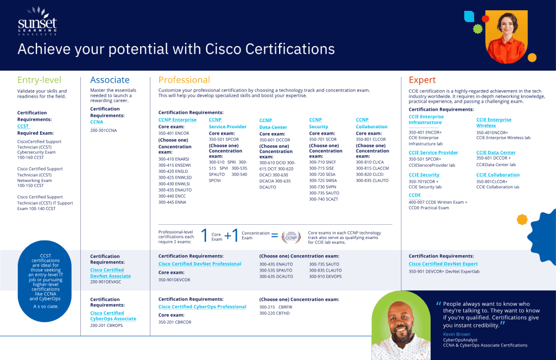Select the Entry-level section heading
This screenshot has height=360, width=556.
[x=39, y=80]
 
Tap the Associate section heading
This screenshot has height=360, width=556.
[x=110, y=80]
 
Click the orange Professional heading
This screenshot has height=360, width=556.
[x=184, y=80]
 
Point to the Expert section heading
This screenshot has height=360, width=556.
[x=422, y=80]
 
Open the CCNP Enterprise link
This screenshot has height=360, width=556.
[x=177, y=119]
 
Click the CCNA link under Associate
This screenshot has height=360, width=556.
[x=97, y=122]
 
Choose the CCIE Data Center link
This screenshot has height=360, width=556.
[x=496, y=153]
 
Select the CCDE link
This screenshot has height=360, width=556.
[x=415, y=195]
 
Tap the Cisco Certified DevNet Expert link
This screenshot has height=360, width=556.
[x=443, y=264]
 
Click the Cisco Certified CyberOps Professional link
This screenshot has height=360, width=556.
[x=202, y=307]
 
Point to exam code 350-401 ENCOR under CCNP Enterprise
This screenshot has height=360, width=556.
[x=174, y=132]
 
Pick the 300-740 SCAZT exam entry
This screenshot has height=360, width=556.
[x=324, y=199]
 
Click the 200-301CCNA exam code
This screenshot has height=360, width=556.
[x=103, y=130]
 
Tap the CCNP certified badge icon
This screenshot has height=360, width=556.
[x=291, y=236]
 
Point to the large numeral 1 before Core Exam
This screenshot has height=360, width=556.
[x=204, y=235]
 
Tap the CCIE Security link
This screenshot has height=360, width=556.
[x=424, y=175]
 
